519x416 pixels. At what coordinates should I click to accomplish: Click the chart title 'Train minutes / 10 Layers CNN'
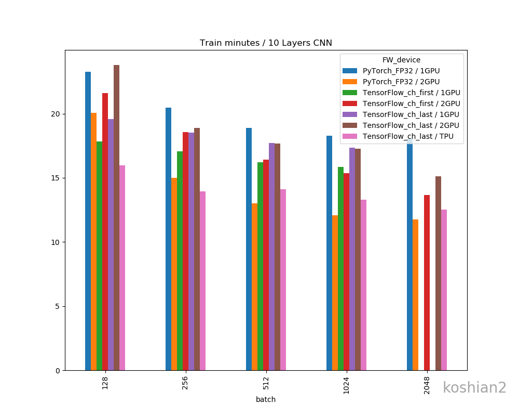(x=266, y=43)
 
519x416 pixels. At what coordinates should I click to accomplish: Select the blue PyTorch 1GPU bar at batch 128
(x=88, y=221)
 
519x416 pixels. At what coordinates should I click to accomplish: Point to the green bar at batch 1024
(x=340, y=268)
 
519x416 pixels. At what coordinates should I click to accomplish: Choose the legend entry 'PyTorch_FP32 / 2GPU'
(x=401, y=82)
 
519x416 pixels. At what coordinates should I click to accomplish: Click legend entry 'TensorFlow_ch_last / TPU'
(x=408, y=136)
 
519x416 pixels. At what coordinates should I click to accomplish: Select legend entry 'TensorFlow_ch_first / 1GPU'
(x=412, y=93)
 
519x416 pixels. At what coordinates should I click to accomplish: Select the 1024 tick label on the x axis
(x=346, y=385)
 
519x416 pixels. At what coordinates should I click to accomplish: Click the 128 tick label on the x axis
(x=105, y=384)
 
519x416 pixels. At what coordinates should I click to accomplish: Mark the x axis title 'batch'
(x=266, y=399)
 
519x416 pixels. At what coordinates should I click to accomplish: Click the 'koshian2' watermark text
(x=474, y=388)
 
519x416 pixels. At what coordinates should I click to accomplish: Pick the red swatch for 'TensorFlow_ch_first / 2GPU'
(x=350, y=103)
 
